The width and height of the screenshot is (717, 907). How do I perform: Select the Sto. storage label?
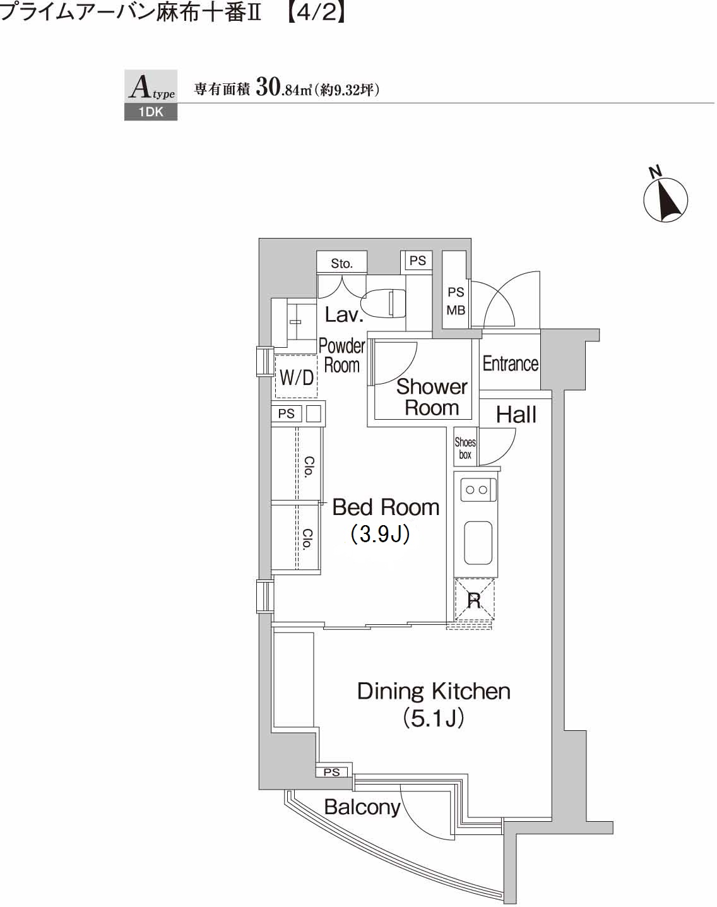coord(341,263)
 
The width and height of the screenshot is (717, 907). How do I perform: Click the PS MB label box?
coord(456,301)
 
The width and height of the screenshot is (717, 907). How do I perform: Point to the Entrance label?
coord(510,364)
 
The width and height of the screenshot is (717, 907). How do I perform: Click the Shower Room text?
coord(432,397)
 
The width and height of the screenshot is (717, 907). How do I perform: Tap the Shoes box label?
coord(465,448)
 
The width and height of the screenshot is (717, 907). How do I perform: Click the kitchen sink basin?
coord(478,543)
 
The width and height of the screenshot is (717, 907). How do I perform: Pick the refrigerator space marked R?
coord(474,600)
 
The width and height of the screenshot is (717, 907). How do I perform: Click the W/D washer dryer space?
coord(296,377)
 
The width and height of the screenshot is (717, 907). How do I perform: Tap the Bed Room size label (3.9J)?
coord(381,535)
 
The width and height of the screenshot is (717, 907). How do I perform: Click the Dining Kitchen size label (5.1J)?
coord(434,718)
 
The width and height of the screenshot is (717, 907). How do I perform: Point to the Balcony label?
coord(362,807)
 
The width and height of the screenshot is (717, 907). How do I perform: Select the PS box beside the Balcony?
coord(332,772)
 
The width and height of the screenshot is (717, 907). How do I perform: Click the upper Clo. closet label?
coord(309,466)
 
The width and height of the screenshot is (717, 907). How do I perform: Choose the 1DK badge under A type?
coord(151,113)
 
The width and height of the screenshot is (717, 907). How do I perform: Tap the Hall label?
coord(516,415)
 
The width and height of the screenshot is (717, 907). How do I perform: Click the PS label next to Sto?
coord(417,261)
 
